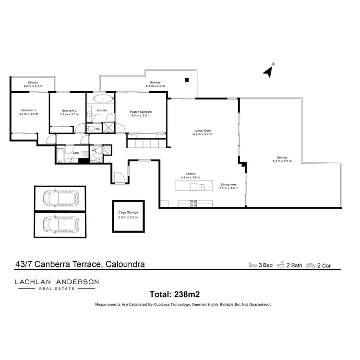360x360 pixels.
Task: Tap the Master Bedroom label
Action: [x=141, y=112]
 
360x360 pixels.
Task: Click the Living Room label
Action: [x=202, y=131]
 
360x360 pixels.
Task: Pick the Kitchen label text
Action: [x=191, y=174]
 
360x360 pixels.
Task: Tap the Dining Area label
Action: [x=228, y=185]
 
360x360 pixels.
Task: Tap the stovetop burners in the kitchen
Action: [x=193, y=203]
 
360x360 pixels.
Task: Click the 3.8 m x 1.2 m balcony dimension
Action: [x=33, y=86]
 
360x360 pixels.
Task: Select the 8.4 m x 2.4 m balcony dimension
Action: [x=155, y=86]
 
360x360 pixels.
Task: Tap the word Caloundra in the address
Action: [x=123, y=264]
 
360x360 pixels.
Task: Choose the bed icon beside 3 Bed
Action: [x=252, y=264]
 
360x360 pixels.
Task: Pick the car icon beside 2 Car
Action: [x=311, y=264]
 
